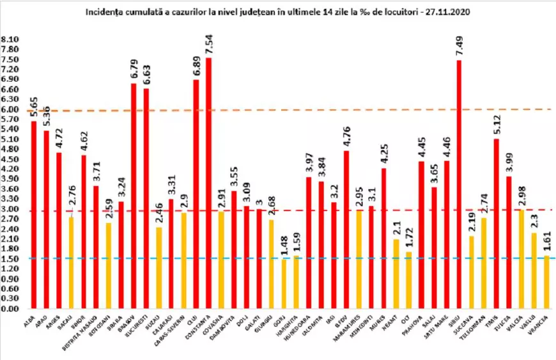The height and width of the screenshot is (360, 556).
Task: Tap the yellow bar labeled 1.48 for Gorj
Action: point(284,284)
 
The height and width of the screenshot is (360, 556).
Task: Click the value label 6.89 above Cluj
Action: point(196,66)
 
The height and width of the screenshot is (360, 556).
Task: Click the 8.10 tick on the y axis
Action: point(10,39)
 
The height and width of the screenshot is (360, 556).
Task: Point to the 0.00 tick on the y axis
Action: point(10,309)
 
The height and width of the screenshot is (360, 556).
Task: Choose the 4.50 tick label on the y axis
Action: point(10,159)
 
